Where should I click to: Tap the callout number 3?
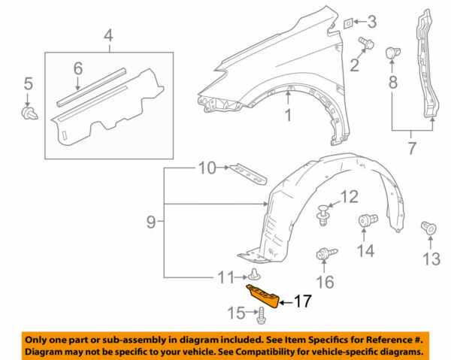pos(371,21)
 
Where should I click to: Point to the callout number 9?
pos(150,222)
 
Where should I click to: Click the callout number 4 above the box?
pos(108,35)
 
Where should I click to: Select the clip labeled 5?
pos(28,113)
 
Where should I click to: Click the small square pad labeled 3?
pos(348,23)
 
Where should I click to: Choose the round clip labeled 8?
pos(391,53)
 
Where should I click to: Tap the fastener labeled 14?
pos(368,221)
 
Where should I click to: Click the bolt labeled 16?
pos(324,256)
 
